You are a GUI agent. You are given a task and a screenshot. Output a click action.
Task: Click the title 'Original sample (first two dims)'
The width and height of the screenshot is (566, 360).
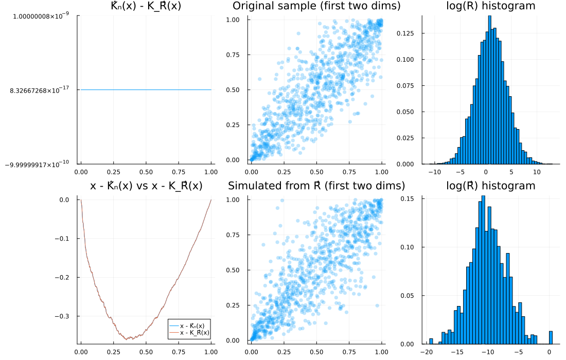(316, 6)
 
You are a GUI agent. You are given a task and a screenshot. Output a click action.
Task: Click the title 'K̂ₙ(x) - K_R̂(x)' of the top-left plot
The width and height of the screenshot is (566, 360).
(146, 6)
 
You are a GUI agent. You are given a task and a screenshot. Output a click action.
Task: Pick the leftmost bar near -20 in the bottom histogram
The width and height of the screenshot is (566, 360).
(431, 341)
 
